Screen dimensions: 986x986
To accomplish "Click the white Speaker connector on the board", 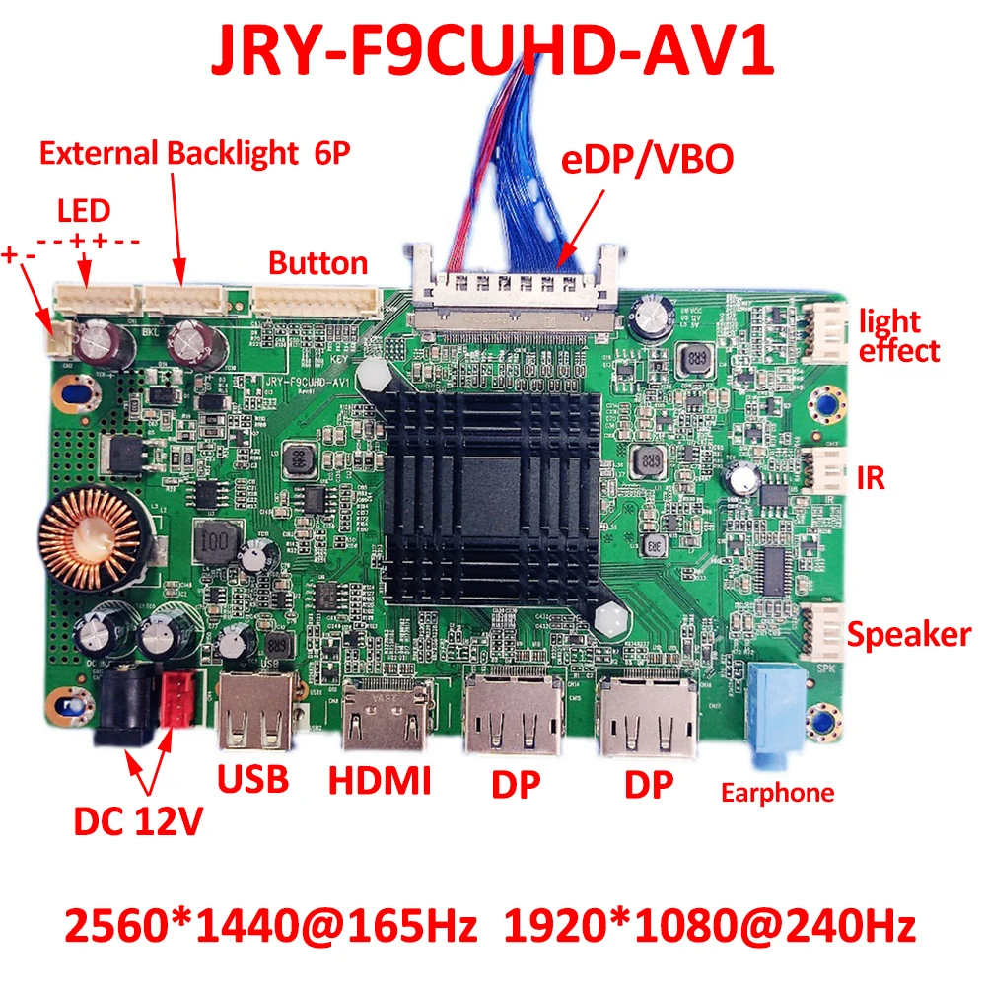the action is point(823,631).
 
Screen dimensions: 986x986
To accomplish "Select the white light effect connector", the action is point(827,331).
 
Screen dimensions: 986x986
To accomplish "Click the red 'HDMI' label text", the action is point(380,781).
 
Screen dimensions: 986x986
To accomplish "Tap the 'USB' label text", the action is point(253,778).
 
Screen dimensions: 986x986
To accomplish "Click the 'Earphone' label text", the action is point(777,792).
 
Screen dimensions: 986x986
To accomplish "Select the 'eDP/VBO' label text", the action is point(648,160).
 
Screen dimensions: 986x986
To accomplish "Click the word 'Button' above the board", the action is point(317,263).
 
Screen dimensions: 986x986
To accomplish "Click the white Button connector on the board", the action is point(316,301).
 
